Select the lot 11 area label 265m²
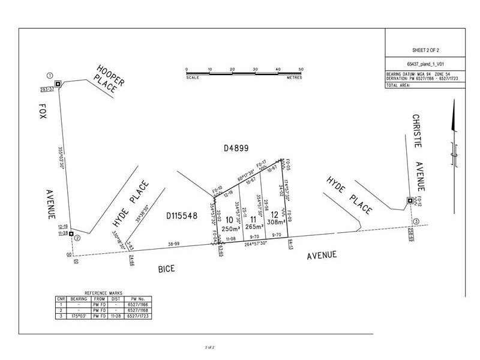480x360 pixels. [253, 226]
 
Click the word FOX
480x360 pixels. [43, 113]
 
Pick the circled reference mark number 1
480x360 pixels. [49, 76]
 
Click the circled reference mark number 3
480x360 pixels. [416, 221]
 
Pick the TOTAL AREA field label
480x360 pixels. [398, 86]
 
